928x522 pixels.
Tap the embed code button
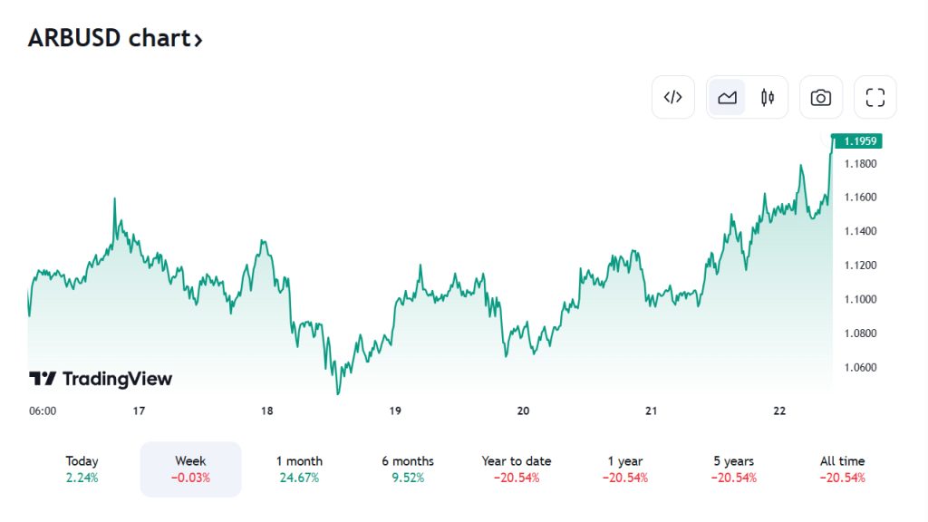(x=672, y=97)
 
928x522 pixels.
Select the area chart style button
(x=727, y=97)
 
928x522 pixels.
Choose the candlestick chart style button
(x=768, y=97)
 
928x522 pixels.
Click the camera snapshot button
(x=820, y=97)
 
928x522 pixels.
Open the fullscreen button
(x=875, y=97)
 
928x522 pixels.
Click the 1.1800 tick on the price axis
(x=860, y=163)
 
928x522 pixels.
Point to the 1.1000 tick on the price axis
(x=860, y=299)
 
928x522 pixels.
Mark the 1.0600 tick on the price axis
(x=860, y=367)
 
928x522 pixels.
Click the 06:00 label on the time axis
(x=43, y=411)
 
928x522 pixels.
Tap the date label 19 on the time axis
(x=395, y=411)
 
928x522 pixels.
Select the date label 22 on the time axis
(x=779, y=411)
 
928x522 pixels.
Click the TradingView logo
(x=101, y=379)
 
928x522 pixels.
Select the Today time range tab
(x=82, y=469)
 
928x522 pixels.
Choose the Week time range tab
(x=190, y=469)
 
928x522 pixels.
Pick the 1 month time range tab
(x=299, y=469)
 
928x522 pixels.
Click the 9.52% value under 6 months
(x=408, y=478)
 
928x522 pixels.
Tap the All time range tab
(x=843, y=469)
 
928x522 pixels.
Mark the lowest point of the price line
(x=338, y=393)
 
